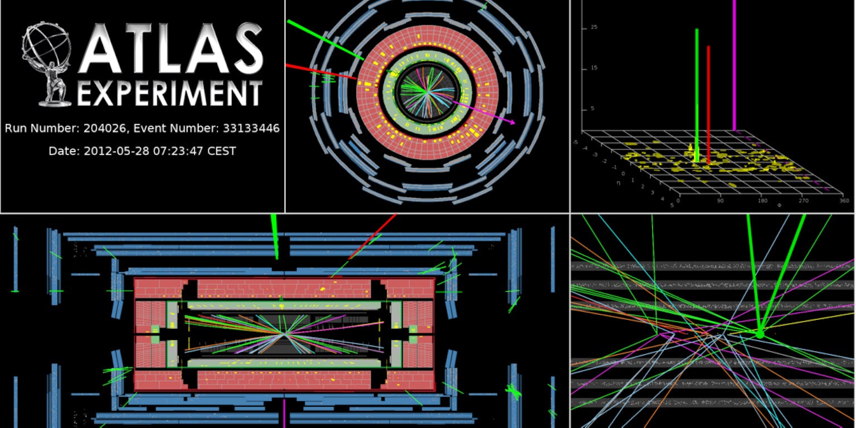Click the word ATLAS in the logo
click(x=171, y=48)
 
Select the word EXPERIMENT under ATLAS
click(x=170, y=94)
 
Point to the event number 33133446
click(x=251, y=128)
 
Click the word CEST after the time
click(x=222, y=152)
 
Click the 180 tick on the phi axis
click(x=763, y=201)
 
